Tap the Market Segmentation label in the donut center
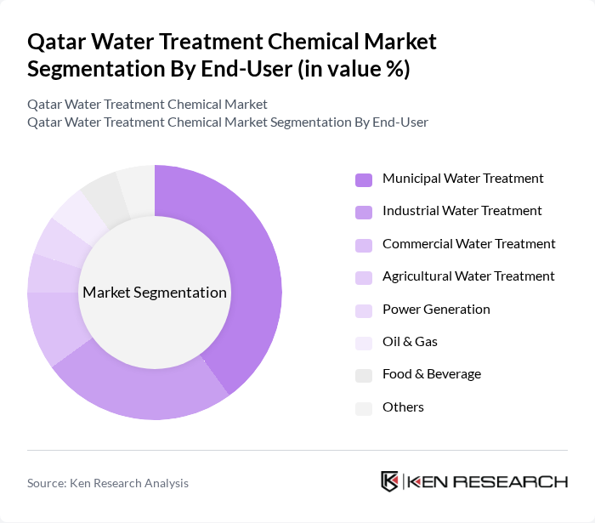[154, 293]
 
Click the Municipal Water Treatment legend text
[462, 179]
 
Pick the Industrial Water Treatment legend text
[462, 211]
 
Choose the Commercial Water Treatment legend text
[468, 244]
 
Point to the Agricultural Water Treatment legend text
[468, 276]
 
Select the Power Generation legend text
[436, 310]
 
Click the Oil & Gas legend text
[410, 342]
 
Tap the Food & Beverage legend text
[431, 374]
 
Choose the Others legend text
[403, 407]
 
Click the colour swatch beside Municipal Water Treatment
[364, 179]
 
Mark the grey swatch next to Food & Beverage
[364, 375]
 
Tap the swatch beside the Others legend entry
[364, 408]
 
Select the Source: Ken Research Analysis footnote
[108, 483]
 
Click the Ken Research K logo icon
[390, 481]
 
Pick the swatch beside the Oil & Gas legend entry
[364, 343]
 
